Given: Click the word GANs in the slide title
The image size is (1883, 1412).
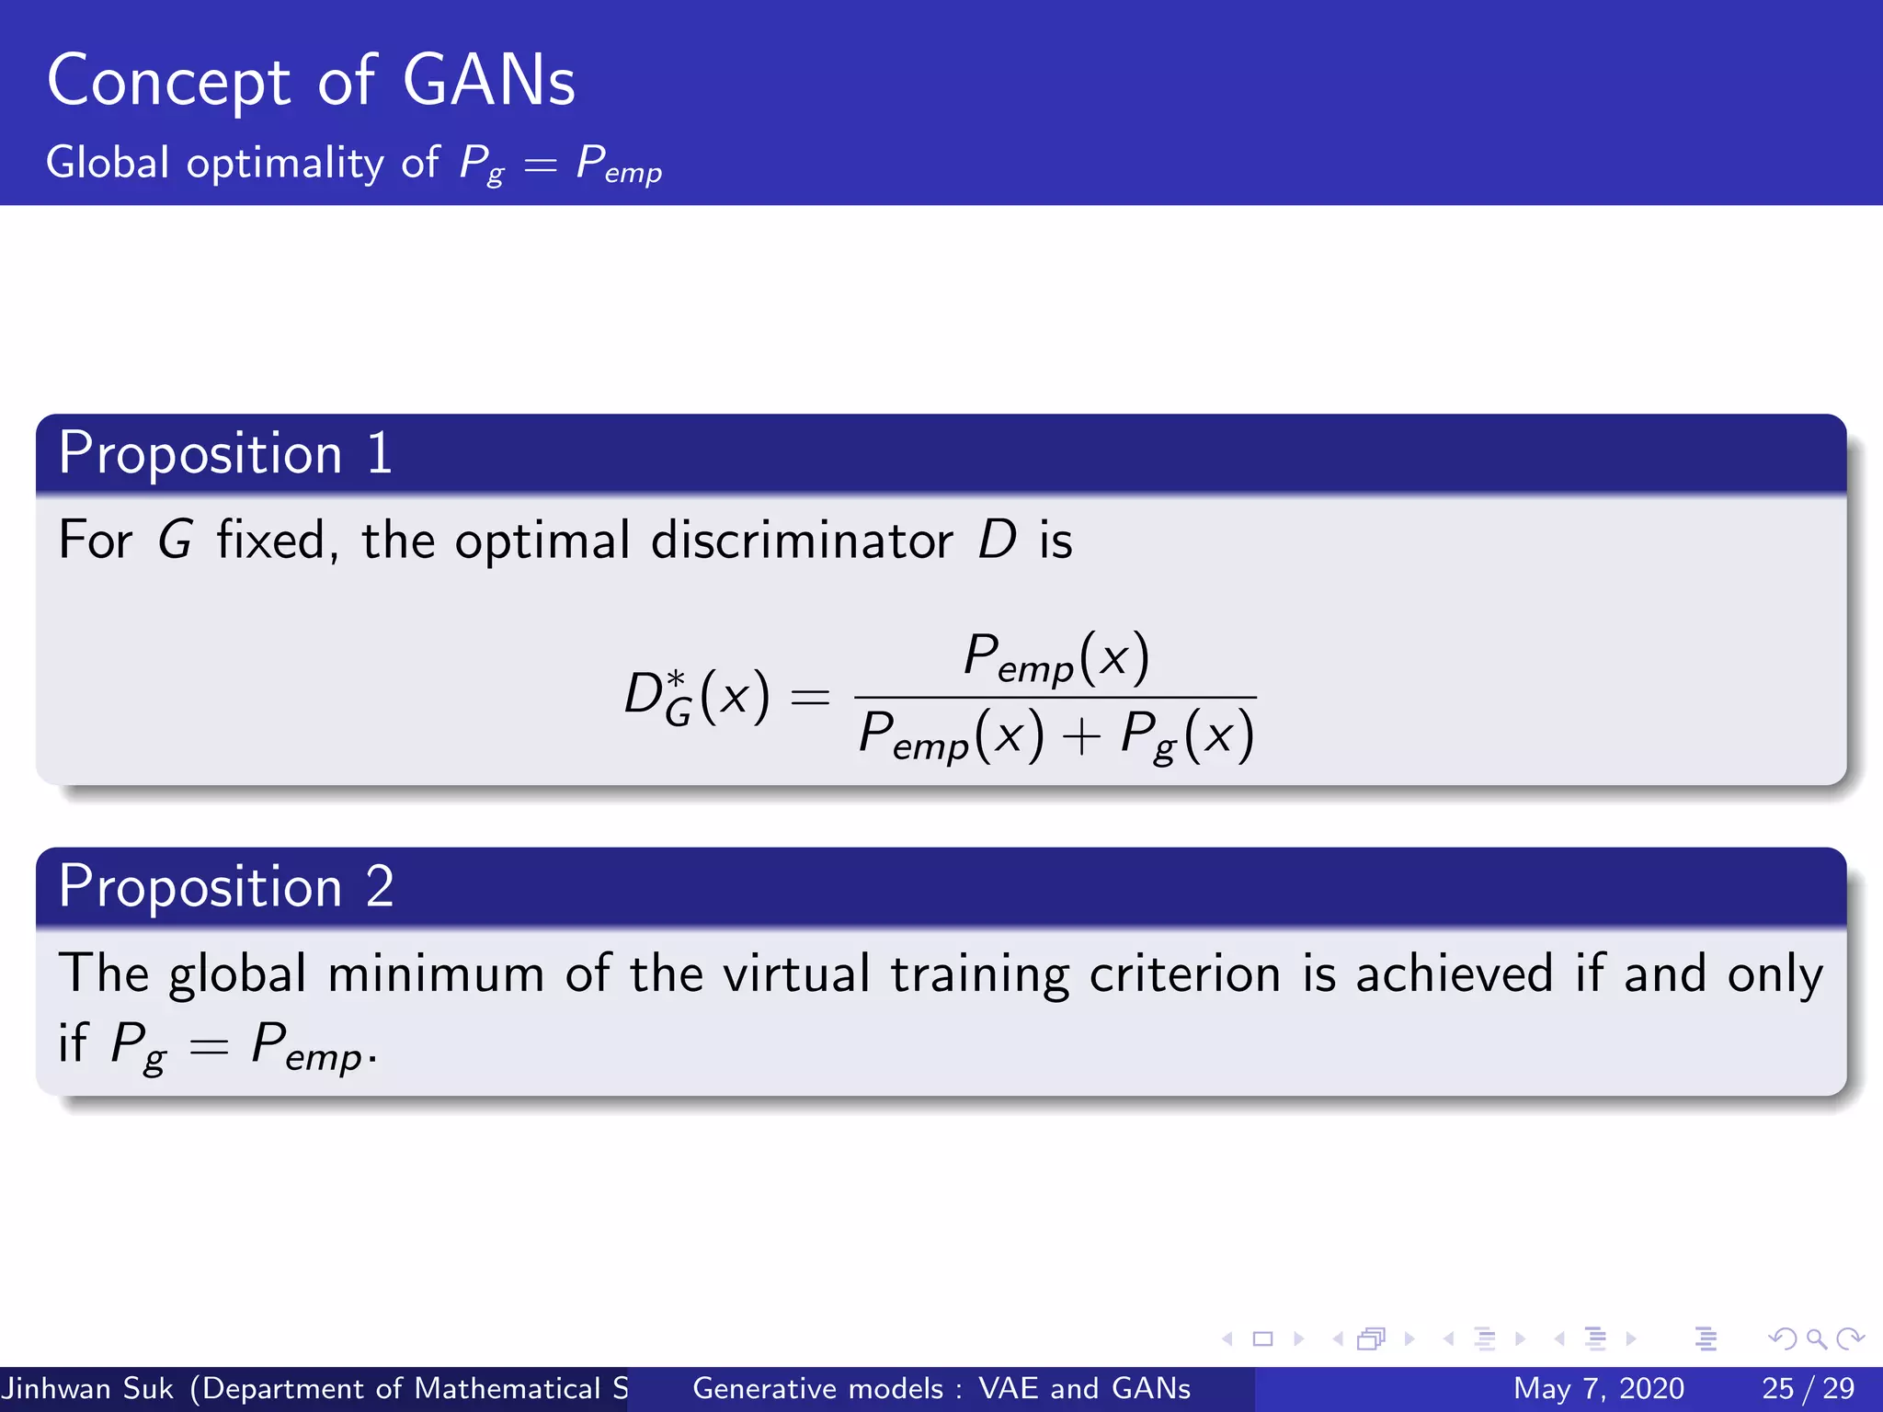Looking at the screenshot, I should pyautogui.click(x=488, y=81).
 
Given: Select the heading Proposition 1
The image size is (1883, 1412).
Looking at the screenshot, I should pyautogui.click(x=225, y=453).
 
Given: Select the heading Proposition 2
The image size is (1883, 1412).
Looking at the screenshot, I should pyautogui.click(x=226, y=887).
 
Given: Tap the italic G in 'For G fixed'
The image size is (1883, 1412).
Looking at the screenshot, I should pyautogui.click(x=175, y=540).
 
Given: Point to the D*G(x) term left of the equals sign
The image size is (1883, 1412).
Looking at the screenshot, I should pyautogui.click(x=696, y=697).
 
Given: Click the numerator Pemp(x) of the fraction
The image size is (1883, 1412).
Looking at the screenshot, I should pyautogui.click(x=1056, y=658).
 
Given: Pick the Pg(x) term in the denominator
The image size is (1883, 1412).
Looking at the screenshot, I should pyautogui.click(x=1186, y=735).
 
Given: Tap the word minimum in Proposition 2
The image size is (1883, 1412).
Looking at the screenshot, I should pyautogui.click(x=436, y=974).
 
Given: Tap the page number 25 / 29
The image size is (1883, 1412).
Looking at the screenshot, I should pyautogui.click(x=1808, y=1388).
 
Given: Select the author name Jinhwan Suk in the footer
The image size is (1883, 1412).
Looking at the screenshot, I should pyautogui.click(x=87, y=1388).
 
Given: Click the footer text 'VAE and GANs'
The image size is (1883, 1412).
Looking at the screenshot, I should pyautogui.click(x=1084, y=1388).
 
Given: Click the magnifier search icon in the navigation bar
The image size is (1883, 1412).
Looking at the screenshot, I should pyautogui.click(x=1816, y=1339).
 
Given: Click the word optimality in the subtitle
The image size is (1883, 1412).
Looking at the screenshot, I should pyautogui.click(x=285, y=164).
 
